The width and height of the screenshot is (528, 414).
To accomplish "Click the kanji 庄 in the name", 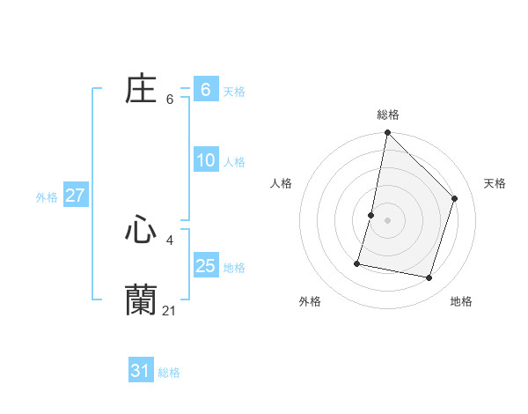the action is [141, 90].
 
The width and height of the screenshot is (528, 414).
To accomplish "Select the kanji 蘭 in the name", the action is [141, 299].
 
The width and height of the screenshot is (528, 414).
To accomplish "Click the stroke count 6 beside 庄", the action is [170, 100].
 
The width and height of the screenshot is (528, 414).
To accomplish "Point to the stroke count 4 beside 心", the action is [170, 240].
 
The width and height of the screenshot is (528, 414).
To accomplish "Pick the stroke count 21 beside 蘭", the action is [170, 310].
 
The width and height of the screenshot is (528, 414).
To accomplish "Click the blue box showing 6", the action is [205, 90].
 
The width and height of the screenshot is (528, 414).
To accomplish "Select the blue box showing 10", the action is [205, 160].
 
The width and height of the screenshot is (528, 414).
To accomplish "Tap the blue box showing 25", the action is [205, 266].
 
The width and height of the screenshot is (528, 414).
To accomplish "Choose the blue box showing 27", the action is [75, 196].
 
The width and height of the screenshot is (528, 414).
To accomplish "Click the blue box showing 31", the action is [140, 371].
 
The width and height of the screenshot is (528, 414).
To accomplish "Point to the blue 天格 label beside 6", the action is [233, 91].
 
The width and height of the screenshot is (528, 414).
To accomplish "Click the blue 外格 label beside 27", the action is [47, 197].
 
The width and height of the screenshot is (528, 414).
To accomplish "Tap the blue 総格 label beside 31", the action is [169, 373].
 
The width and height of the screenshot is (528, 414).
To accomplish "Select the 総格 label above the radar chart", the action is [387, 115].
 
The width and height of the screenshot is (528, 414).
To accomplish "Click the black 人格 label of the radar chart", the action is [282, 183].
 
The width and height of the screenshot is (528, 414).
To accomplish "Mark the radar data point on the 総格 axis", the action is [387, 133].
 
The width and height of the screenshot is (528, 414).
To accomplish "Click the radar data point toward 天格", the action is [455, 198].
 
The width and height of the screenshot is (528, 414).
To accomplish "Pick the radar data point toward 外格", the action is [358, 263].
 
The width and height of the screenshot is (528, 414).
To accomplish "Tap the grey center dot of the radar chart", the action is [387, 220].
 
